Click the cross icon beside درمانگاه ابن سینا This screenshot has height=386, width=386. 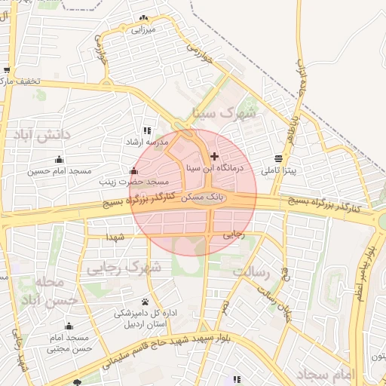(x=215, y=156)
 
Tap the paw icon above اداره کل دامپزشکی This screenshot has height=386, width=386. (x=145, y=302)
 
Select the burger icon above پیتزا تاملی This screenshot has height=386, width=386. (x=280, y=159)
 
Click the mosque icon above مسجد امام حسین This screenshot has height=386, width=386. (x=59, y=159)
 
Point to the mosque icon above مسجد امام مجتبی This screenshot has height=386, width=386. (x=69, y=326)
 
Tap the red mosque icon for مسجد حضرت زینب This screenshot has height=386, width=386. (x=134, y=170)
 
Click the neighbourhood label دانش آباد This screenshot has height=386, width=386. (x=41, y=136)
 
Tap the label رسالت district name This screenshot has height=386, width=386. (x=251, y=270)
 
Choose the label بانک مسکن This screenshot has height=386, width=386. (x=207, y=195)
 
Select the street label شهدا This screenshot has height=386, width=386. (x=115, y=238)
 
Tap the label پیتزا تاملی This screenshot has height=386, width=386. (x=280, y=171)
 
